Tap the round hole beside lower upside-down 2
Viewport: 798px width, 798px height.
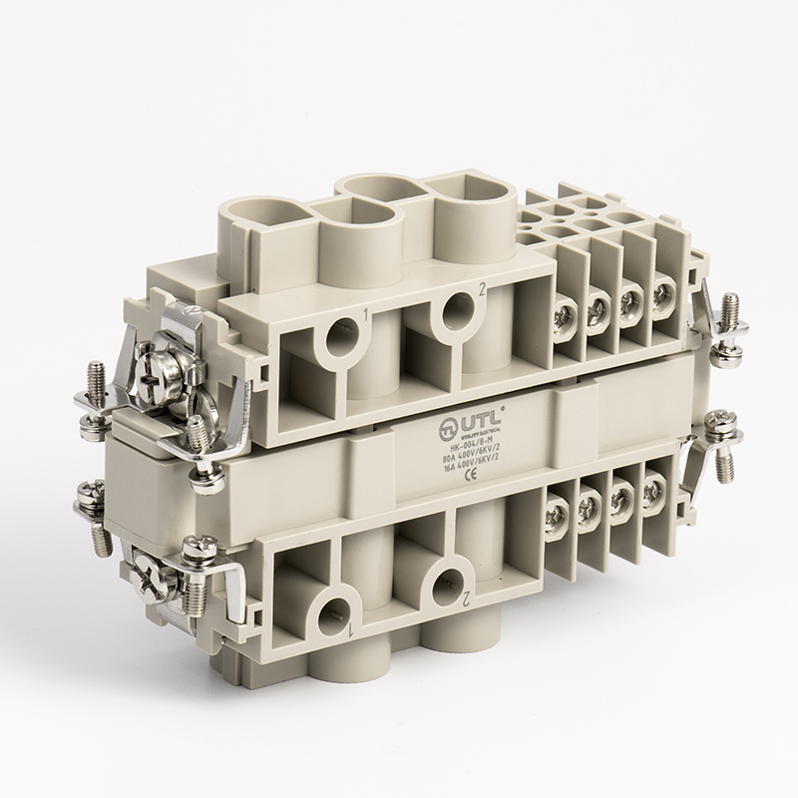point(443,581)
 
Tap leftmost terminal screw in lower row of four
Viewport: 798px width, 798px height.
point(557,512)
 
